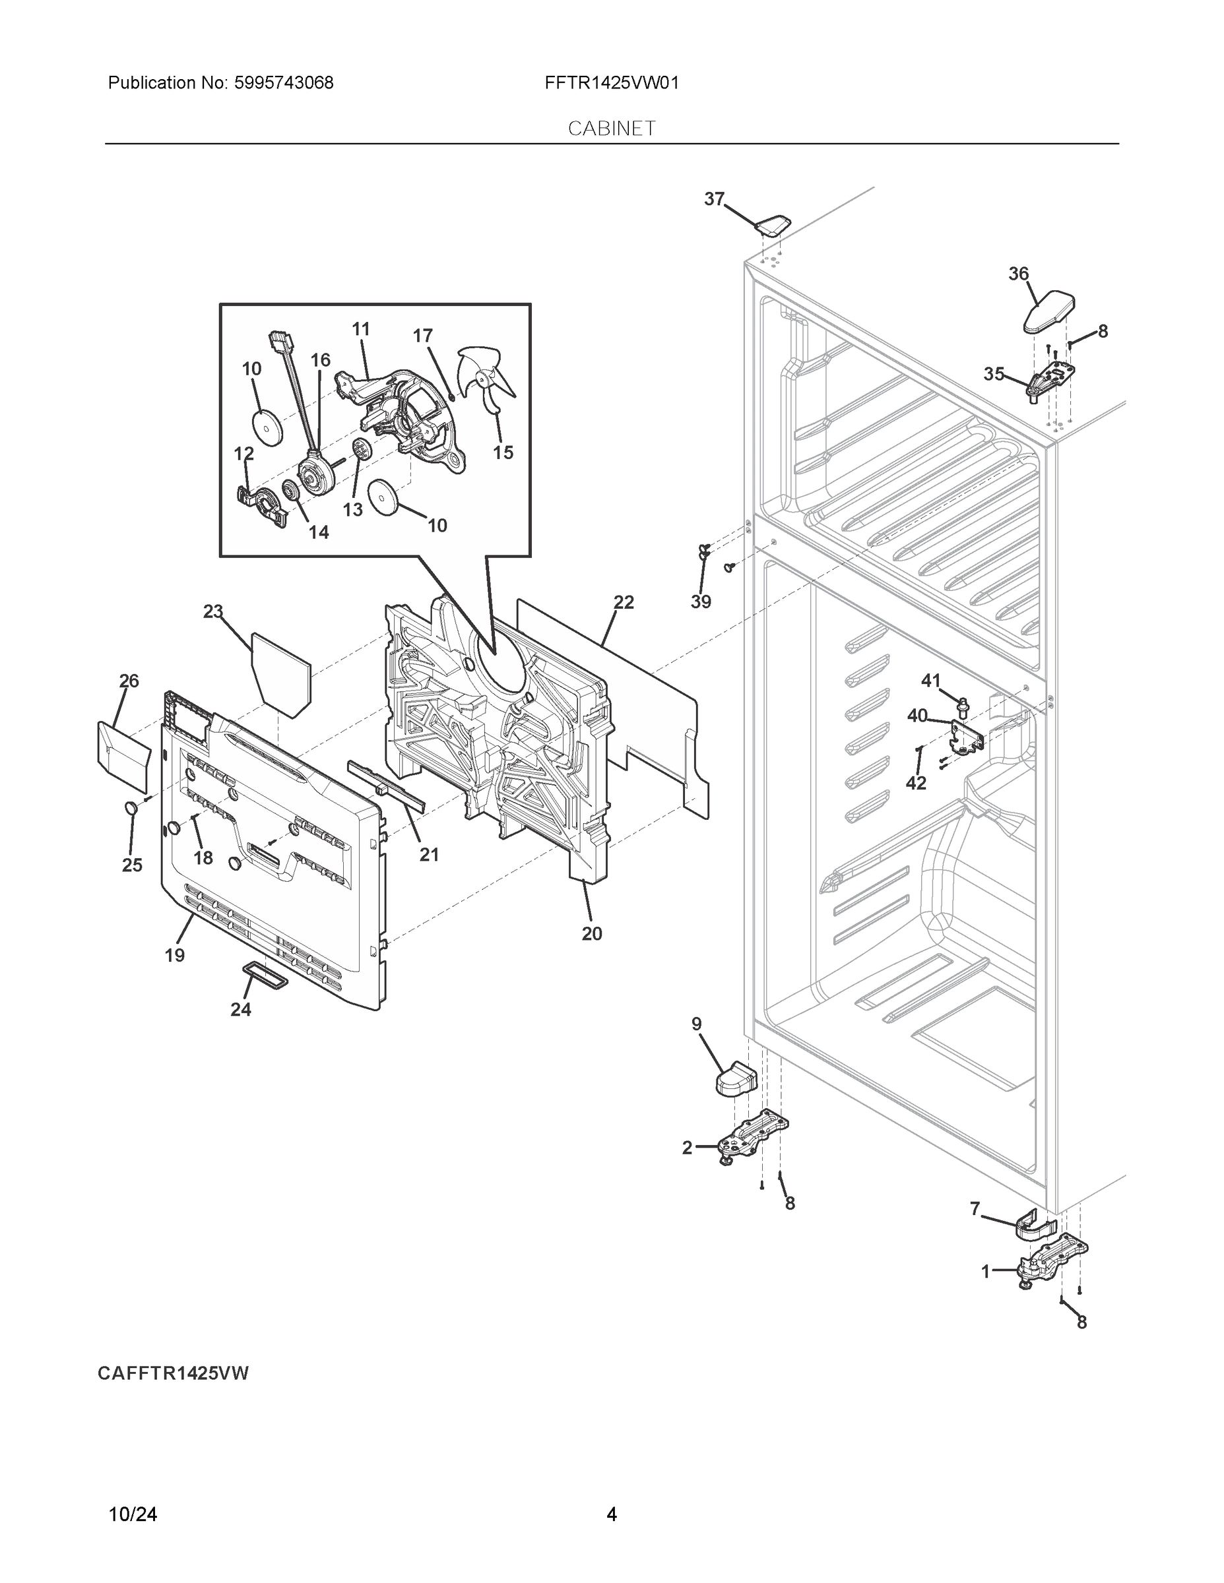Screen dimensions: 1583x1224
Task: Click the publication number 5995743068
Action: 284,83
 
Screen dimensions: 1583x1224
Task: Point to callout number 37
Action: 714,199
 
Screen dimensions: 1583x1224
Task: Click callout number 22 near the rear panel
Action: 623,602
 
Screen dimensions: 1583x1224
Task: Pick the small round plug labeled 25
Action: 131,808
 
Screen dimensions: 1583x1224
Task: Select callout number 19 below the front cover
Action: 175,955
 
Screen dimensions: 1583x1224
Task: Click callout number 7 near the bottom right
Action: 975,1208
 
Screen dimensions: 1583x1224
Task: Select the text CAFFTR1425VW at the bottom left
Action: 174,1373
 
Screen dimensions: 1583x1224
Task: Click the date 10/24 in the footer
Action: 133,1514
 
